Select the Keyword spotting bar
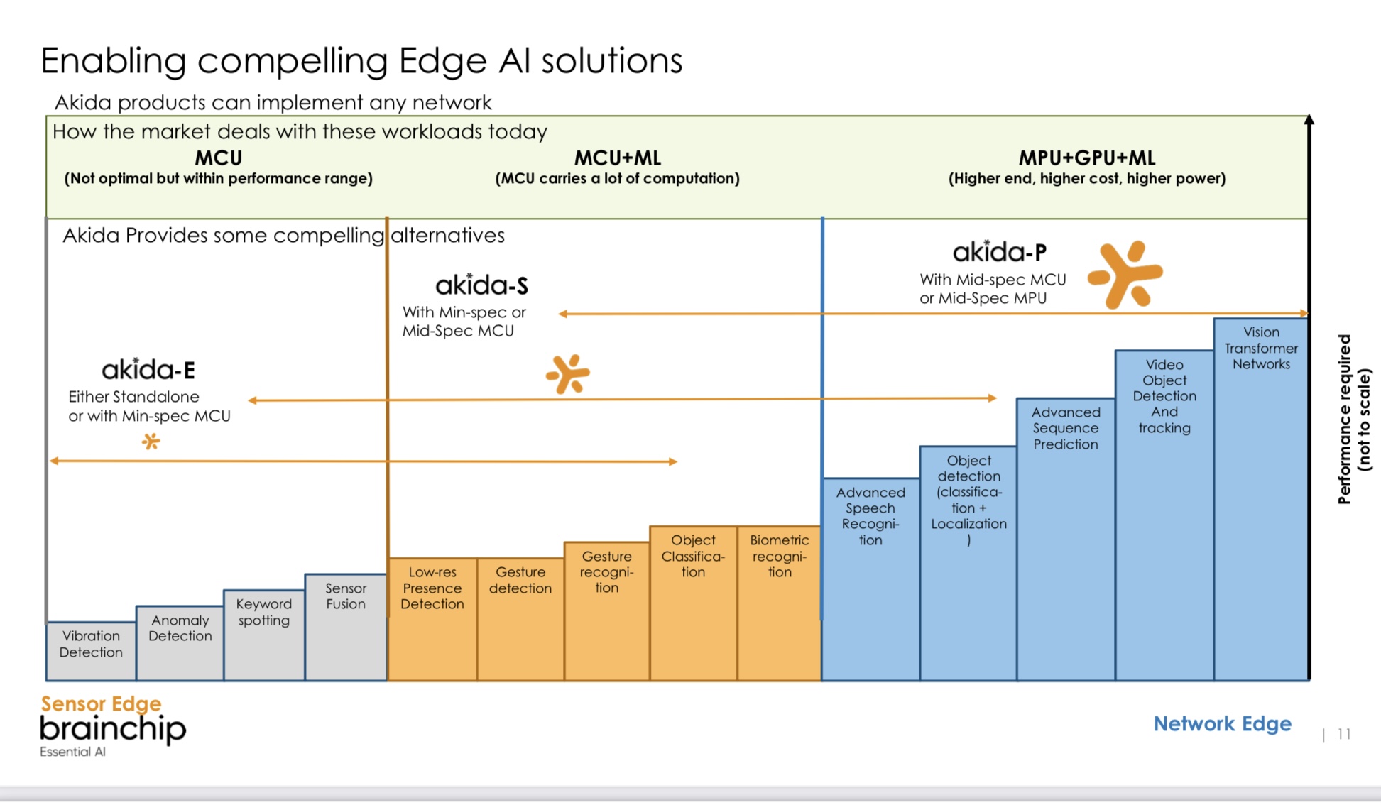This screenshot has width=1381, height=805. (264, 635)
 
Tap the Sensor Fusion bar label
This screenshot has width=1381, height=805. (346, 596)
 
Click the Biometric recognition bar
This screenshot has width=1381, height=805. (779, 603)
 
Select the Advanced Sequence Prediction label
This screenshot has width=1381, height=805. (1066, 428)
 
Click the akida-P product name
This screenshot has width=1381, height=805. (999, 252)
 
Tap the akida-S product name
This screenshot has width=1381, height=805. (481, 285)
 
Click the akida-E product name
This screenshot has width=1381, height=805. (148, 370)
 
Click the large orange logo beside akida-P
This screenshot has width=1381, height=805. (1125, 274)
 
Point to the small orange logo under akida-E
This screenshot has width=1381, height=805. (151, 442)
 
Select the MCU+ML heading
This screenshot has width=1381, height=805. (617, 158)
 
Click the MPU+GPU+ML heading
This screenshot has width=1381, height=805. (1086, 158)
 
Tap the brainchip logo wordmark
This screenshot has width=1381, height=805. (113, 729)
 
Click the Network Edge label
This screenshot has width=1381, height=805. (1222, 723)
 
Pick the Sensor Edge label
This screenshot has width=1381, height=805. (101, 703)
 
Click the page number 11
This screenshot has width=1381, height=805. (1343, 734)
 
